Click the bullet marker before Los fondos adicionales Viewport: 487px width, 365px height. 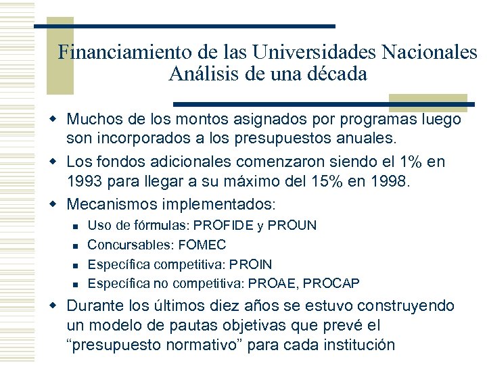(x=58, y=162)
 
